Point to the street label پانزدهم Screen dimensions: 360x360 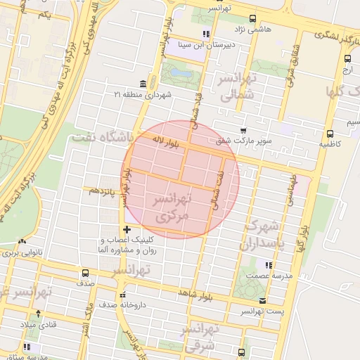pos(101,191)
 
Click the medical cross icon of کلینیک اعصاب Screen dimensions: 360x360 pos(127,229)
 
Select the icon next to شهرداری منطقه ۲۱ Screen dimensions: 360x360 pos(143,83)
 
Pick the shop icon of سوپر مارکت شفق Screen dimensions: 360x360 pos(243,130)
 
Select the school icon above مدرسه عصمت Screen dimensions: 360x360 pos(267,265)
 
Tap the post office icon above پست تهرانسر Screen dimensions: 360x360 pos(262,300)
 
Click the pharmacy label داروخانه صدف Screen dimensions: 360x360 pos(150,305)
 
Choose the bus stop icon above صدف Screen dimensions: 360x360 pos(85,273)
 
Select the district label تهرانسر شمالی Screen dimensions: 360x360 pos(239,86)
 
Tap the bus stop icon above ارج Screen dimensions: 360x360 pos(348,60)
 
